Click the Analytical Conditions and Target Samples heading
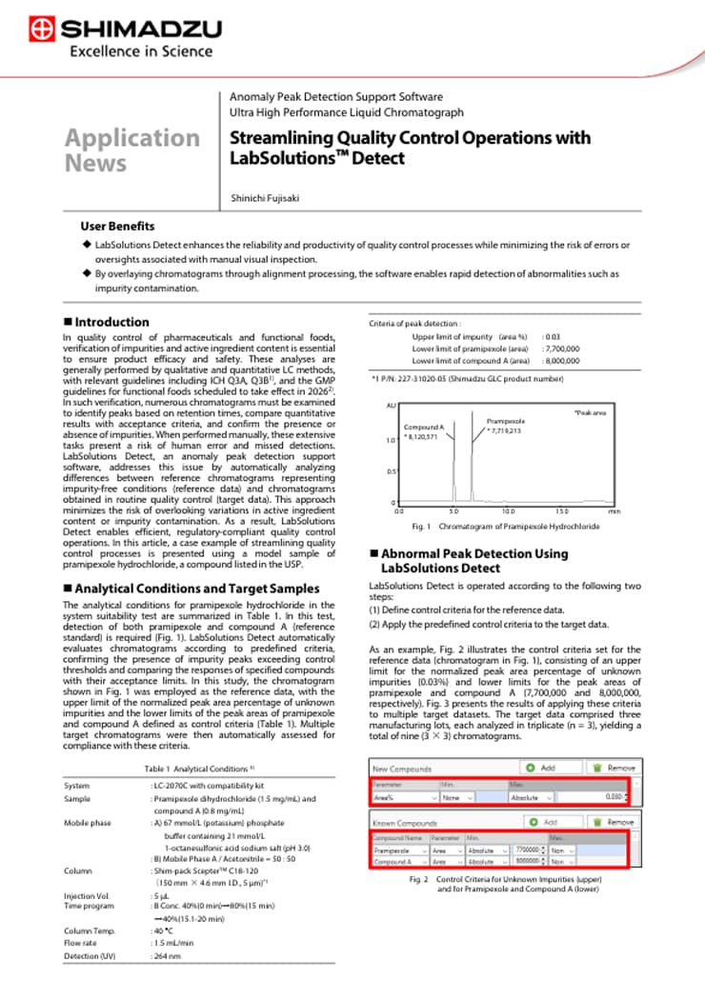pos(191,589)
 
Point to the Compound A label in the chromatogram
pos(424,428)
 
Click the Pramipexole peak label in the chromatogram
pos(506,420)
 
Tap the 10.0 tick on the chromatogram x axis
pos(508,511)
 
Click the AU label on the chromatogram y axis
pos(391,406)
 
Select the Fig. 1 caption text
pos(505,526)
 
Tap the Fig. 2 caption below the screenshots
pos(505,884)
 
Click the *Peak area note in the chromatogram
pos(592,411)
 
